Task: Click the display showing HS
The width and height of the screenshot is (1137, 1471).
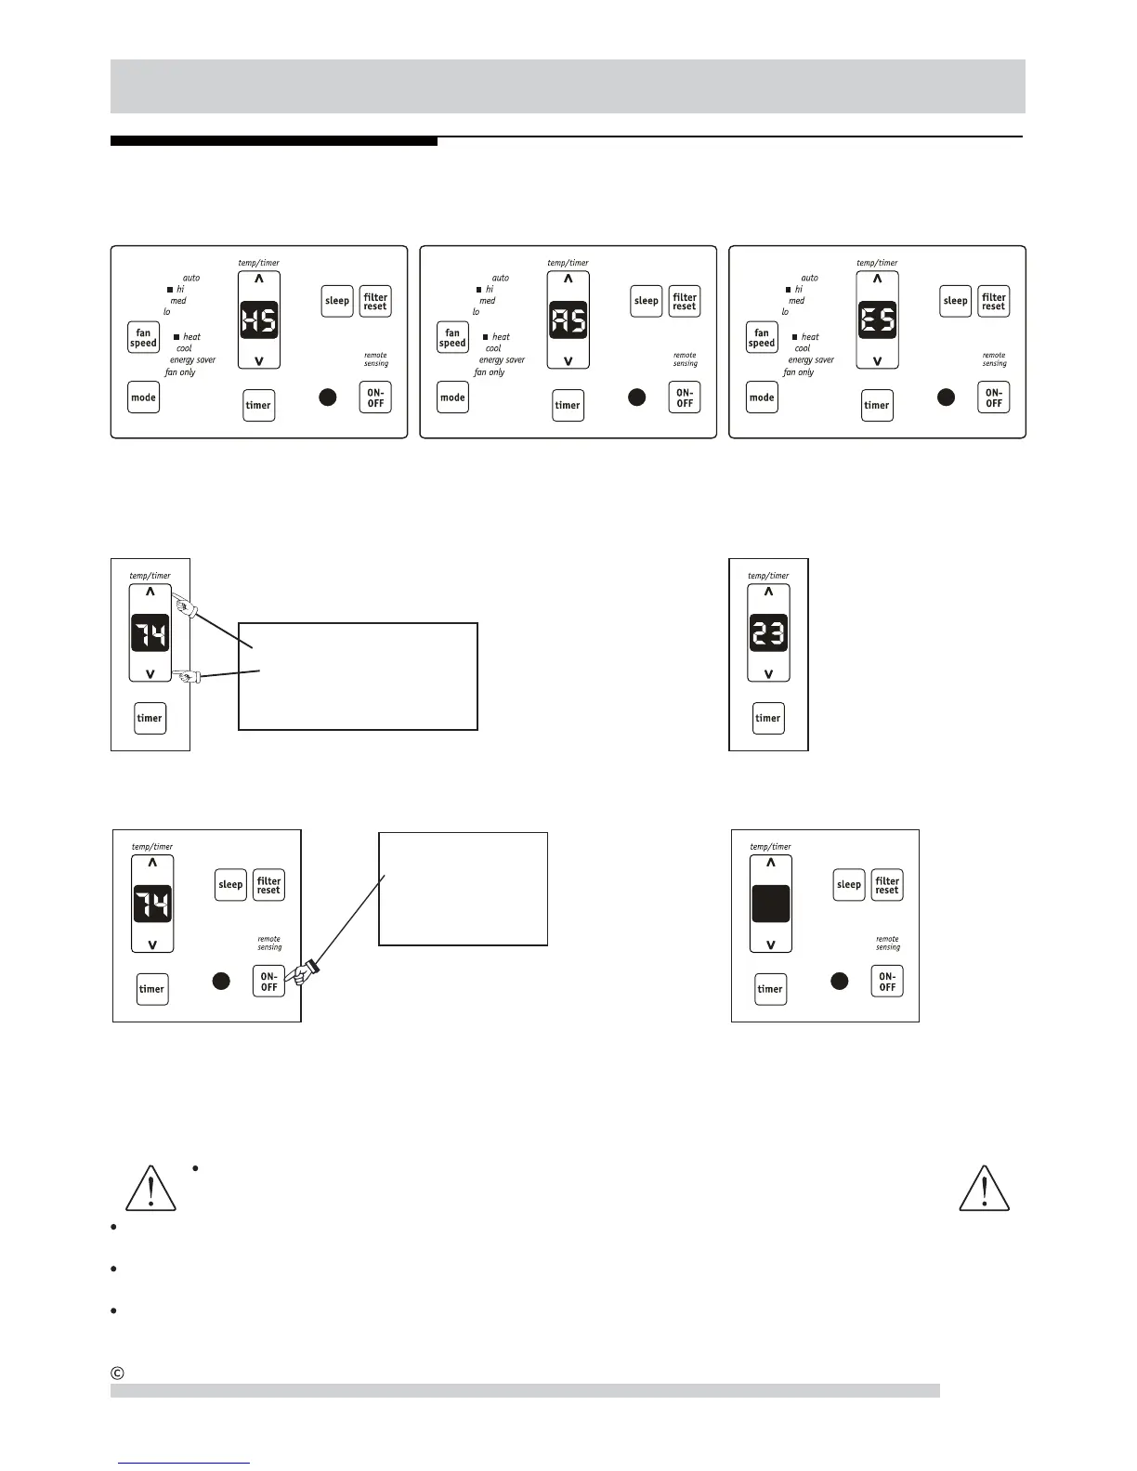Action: (259, 320)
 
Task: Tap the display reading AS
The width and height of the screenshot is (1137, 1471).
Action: (568, 320)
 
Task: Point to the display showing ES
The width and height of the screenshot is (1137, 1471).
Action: (878, 320)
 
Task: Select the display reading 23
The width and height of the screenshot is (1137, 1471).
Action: (768, 633)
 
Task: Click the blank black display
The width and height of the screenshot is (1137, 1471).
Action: (771, 904)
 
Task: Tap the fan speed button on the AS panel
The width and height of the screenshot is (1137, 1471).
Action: (452, 338)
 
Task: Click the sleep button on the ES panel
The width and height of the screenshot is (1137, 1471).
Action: (955, 301)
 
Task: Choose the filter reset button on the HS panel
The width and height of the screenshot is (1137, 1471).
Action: (375, 302)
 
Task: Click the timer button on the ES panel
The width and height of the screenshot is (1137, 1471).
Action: (877, 406)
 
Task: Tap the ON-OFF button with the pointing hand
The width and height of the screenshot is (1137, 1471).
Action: (268, 982)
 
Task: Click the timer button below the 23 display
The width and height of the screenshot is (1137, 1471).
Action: (768, 719)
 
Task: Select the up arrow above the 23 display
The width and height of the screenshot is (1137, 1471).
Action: (768, 592)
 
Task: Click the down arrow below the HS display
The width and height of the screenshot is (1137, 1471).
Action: (259, 361)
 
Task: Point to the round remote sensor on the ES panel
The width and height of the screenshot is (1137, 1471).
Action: (946, 397)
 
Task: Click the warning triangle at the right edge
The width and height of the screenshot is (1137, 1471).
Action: (984, 1189)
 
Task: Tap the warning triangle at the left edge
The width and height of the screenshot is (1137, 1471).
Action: (150, 1189)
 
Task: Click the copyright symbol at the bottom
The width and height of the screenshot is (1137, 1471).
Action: (117, 1373)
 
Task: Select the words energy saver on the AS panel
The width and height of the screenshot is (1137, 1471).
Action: (502, 360)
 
